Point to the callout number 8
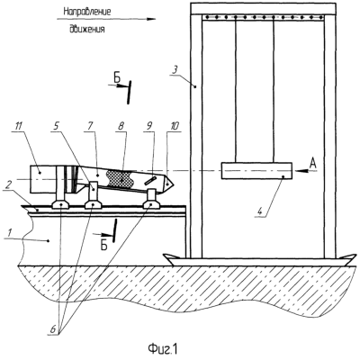pyautogui.click(x=122, y=126)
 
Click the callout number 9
pyautogui.click(x=150, y=126)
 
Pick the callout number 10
pyautogui.click(x=174, y=126)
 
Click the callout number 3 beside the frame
pyautogui.click(x=175, y=71)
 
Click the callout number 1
pyautogui.click(x=9, y=233)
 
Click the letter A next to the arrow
pyautogui.click(x=312, y=162)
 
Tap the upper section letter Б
pyautogui.click(x=117, y=79)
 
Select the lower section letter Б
pyautogui.click(x=103, y=246)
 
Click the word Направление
pyautogui.click(x=87, y=12)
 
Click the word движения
pyautogui.click(x=87, y=30)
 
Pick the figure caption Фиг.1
pyautogui.click(x=163, y=349)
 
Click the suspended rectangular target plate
pyautogui.click(x=256, y=171)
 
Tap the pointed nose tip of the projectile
pyautogui.click(x=175, y=183)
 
